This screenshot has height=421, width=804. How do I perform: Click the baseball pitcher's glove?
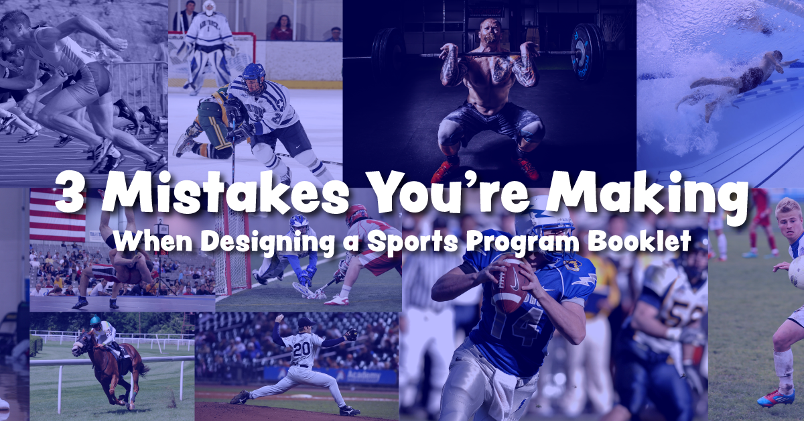click(x=349, y=333)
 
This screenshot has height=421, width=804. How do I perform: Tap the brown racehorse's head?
click(x=80, y=343)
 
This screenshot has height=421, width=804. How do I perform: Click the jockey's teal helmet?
click(x=96, y=321)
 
